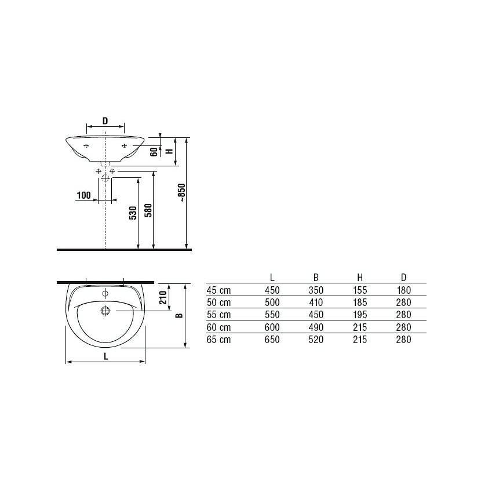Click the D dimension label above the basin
click(105, 121)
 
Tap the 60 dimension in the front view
click(154, 151)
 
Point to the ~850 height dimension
click(181, 192)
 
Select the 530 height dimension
click(133, 213)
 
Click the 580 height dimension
click(148, 210)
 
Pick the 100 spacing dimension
click(84, 195)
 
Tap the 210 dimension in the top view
click(163, 297)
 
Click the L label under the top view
click(106, 356)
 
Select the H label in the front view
click(169, 151)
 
